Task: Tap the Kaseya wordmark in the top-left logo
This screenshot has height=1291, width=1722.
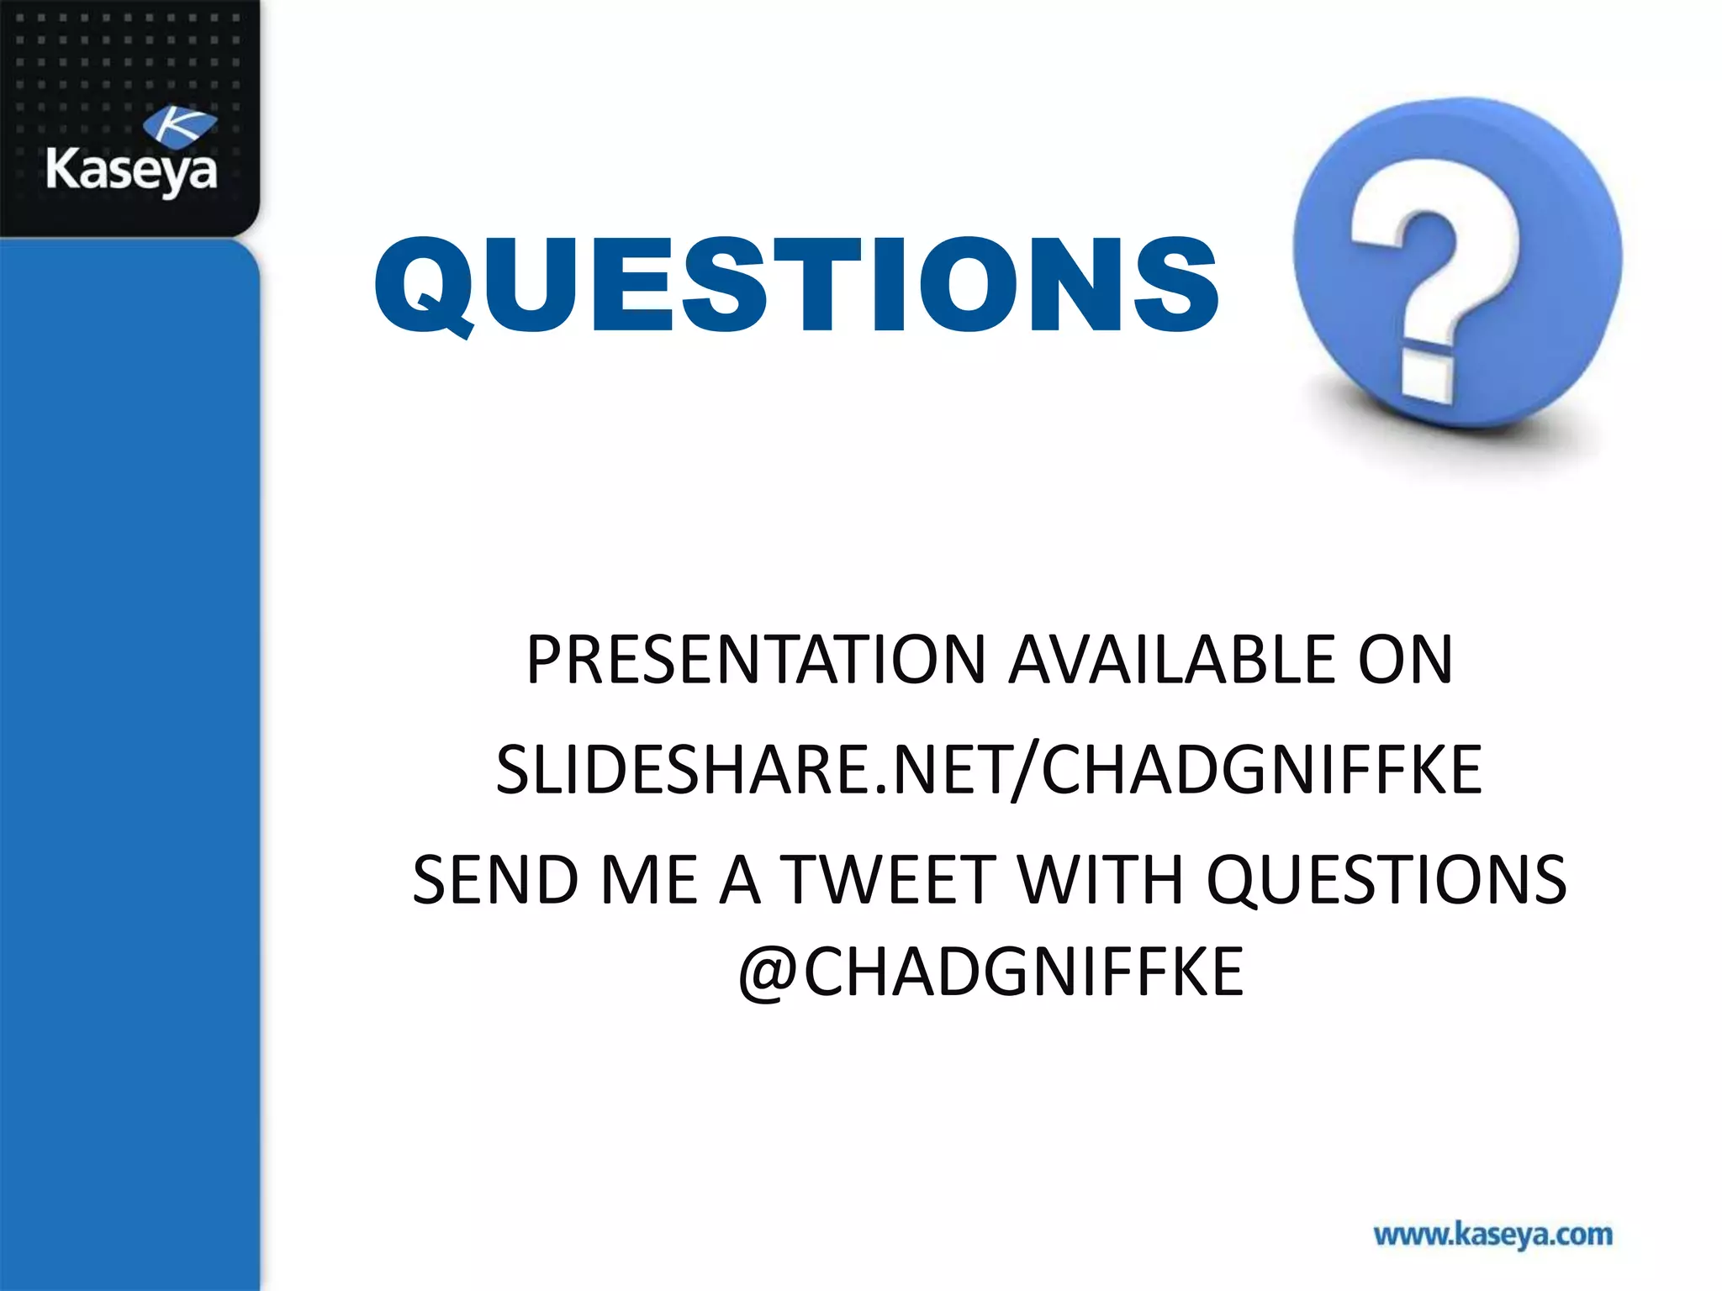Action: pyautogui.click(x=131, y=171)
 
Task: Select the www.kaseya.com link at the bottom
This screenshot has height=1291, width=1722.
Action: pyautogui.click(x=1492, y=1235)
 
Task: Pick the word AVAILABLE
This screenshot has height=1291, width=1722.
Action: pyautogui.click(x=1171, y=661)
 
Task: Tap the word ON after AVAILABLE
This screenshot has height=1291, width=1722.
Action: pyautogui.click(x=1405, y=661)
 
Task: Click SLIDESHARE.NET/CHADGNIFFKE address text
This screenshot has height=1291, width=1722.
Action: pyautogui.click(x=989, y=770)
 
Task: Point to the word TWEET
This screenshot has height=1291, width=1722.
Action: pyautogui.click(x=889, y=881)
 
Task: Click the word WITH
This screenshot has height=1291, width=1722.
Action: pyautogui.click(x=1100, y=881)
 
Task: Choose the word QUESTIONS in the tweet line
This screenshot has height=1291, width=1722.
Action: pyautogui.click(x=1386, y=881)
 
